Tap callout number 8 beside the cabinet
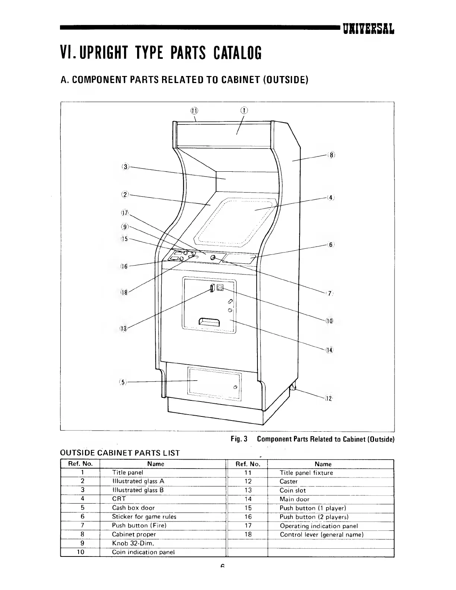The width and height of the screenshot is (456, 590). [x=331, y=155]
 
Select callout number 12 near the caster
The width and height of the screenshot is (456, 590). [x=328, y=399]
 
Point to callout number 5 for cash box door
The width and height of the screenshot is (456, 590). [x=123, y=383]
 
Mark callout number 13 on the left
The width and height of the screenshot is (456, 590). [x=123, y=328]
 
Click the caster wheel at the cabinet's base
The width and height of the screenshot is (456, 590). [x=292, y=388]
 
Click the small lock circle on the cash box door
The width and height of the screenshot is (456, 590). [x=235, y=387]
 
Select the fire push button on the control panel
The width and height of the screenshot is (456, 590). [x=213, y=258]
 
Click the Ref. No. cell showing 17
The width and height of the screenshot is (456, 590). [x=248, y=526]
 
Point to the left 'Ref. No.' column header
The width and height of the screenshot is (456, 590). [x=80, y=464]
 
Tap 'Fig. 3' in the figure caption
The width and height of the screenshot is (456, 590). [x=239, y=439]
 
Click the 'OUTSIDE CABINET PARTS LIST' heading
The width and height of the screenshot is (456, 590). [x=120, y=453]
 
